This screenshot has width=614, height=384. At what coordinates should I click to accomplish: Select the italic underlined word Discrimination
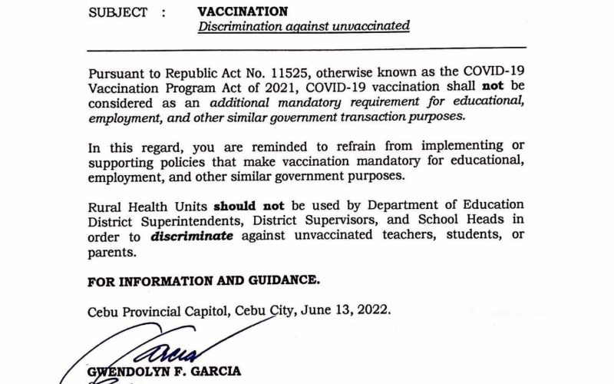[x=239, y=26]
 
